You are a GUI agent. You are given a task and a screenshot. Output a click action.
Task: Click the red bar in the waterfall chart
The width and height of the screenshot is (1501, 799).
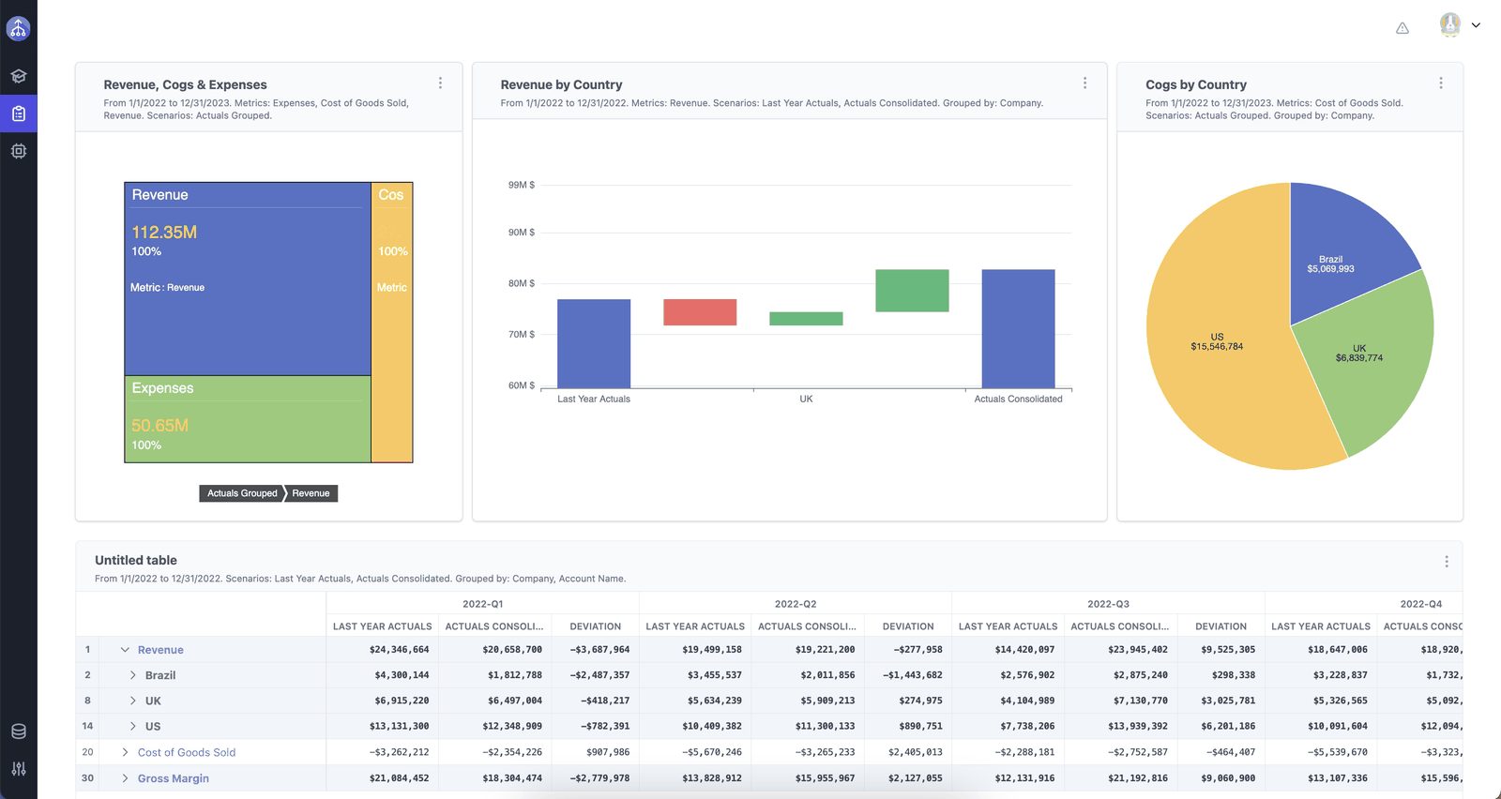point(700,312)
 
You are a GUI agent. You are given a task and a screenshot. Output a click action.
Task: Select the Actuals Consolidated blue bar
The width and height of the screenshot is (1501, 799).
point(1018,328)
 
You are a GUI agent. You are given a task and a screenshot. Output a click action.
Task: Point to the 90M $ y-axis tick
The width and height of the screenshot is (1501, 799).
point(522,233)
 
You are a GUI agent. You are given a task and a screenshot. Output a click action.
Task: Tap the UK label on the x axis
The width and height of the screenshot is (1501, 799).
point(806,399)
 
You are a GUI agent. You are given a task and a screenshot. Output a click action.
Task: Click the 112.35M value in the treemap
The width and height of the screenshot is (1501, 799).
point(164,233)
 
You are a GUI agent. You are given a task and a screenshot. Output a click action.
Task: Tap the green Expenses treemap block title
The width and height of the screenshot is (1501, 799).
point(162,388)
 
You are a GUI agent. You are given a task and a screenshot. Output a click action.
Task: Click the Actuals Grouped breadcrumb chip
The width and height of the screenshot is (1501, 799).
point(242,493)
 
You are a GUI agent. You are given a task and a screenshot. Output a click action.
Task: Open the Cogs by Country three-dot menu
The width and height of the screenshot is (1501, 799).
point(1441,83)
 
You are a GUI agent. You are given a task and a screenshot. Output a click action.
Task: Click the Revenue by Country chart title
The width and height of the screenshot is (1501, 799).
point(562,84)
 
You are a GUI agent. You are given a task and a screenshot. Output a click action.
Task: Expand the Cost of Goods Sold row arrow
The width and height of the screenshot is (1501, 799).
point(125,752)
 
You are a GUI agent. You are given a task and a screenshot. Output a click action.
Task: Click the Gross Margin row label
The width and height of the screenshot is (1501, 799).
point(173,778)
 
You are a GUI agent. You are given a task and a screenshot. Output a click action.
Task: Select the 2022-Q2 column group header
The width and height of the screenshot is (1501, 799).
point(796,603)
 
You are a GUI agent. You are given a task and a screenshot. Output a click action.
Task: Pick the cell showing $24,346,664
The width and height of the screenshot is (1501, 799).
point(399,650)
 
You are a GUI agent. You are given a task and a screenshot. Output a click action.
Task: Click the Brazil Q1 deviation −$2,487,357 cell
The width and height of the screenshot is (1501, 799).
point(599,675)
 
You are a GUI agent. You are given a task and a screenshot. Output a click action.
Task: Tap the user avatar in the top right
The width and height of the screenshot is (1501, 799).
point(1450,24)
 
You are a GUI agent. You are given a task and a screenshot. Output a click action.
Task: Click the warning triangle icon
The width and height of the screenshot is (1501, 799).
point(1402,28)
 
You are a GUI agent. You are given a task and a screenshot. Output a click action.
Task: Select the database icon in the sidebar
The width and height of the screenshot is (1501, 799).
point(19,731)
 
